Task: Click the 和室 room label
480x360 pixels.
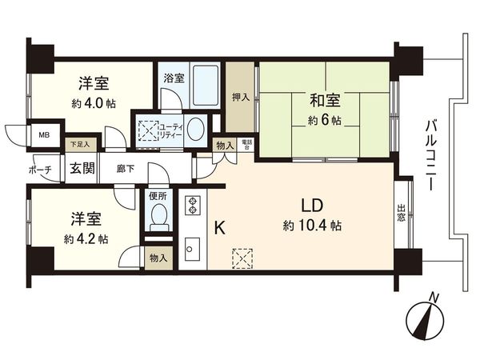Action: click(326, 101)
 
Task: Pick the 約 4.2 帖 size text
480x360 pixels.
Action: click(86, 238)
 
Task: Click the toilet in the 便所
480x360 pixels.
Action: click(158, 214)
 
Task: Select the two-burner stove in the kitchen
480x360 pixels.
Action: click(193, 205)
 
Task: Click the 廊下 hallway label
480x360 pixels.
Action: click(125, 169)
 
